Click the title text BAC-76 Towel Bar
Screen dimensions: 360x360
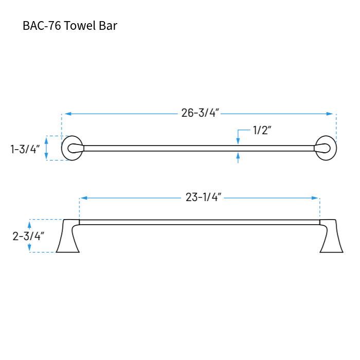point(70,26)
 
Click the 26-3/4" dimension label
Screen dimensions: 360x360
point(200,114)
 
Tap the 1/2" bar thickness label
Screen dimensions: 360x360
point(262,130)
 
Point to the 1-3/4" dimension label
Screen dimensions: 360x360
point(25,149)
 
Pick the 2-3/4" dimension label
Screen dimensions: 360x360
point(28,236)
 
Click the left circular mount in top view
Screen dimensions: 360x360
point(72,148)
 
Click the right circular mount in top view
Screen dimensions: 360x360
point(326,148)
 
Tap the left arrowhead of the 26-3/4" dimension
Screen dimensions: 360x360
point(66,114)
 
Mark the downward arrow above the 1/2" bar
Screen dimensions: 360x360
point(238,139)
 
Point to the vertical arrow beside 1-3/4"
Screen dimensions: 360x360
point(47,148)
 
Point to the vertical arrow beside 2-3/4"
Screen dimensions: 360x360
point(30,236)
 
